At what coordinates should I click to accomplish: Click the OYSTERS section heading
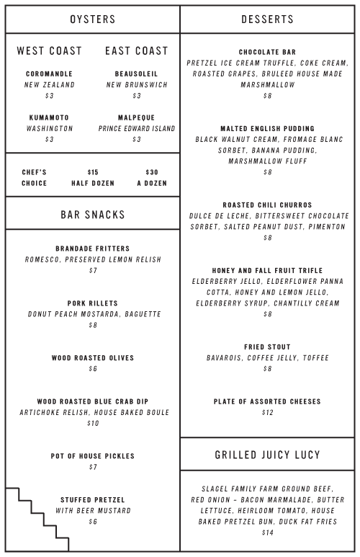coord(92,19)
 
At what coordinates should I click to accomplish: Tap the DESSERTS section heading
coord(267,19)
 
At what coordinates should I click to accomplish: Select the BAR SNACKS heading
coord(92,215)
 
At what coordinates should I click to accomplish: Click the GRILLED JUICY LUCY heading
coord(267,455)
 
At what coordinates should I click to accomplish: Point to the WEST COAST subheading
coord(49,51)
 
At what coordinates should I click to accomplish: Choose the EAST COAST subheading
coord(136,51)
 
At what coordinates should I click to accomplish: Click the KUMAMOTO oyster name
coord(49,117)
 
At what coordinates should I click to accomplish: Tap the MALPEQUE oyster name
coord(136,117)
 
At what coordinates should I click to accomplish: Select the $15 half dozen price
coord(93,172)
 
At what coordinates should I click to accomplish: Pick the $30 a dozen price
coord(151,172)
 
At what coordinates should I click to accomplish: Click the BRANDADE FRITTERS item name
coord(93,249)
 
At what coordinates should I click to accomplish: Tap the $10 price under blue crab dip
coord(93,424)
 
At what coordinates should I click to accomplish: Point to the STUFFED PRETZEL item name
coord(93,499)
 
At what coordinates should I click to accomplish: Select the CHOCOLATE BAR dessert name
coord(267,52)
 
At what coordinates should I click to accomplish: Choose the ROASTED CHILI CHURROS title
coord(267,205)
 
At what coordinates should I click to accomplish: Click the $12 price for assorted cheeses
coord(267,413)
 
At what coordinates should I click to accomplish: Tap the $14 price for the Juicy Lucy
coord(267,533)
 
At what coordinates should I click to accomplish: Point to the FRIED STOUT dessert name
coord(267,347)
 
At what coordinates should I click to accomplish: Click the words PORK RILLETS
coord(93,303)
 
